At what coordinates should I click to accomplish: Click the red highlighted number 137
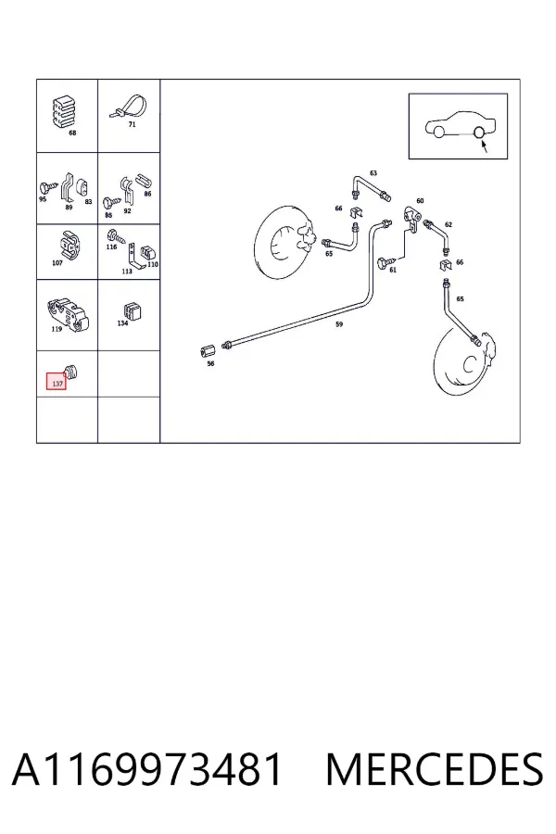[x=57, y=383]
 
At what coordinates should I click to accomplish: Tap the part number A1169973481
[x=146, y=769]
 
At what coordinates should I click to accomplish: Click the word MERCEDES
[x=435, y=769]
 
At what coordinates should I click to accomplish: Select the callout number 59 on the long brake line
[x=339, y=324]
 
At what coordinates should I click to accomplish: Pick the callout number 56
[x=210, y=364]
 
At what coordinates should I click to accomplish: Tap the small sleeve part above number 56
[x=207, y=351]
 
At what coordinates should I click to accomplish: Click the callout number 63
[x=373, y=173]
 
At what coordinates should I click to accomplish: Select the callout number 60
[x=421, y=200]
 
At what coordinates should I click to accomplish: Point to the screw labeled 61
[x=386, y=262]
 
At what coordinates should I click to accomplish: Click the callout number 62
[x=449, y=224]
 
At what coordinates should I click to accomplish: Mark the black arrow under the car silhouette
[x=485, y=145]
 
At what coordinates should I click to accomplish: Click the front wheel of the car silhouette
[x=438, y=132]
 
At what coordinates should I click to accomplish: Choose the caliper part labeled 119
[x=69, y=314]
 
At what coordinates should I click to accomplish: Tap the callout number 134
[x=123, y=322]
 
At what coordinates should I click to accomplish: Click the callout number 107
[x=57, y=262]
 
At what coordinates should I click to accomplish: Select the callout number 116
[x=111, y=246]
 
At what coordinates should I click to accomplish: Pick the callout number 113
[x=127, y=272]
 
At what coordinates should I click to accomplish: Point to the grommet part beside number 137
[x=71, y=372]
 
